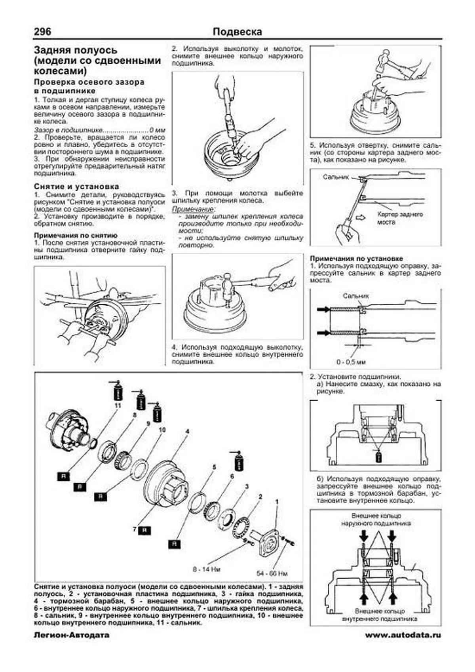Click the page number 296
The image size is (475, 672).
pos(42,32)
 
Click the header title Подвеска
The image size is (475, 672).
pos(237,32)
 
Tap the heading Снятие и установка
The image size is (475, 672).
pos(76,186)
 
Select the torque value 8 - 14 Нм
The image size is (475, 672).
pos(207,569)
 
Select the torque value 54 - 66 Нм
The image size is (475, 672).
pos(272,573)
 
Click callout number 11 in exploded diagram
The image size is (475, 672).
pos(118,406)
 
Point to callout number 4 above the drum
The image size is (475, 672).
pos(187,431)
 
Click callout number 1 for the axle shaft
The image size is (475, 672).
pos(277,502)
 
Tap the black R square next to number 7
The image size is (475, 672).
pos(145,530)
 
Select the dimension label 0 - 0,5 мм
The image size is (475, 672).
pos(351,362)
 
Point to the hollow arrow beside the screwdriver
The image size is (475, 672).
pos(361,217)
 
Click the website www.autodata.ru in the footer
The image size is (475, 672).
pos(403,635)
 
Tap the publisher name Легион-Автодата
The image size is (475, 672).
pos(72,635)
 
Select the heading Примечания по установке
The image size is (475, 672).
pos(356,258)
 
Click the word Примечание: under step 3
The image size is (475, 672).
pos(194,209)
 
